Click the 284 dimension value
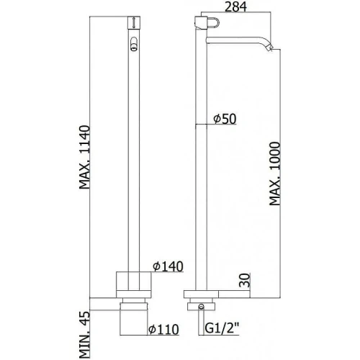pyautogui.click(x=236, y=6)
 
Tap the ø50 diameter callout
pyautogui.click(x=225, y=119)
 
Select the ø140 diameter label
pyautogui.click(x=168, y=266)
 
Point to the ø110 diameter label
pyautogui.click(x=163, y=329)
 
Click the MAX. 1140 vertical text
pyautogui.click(x=85, y=157)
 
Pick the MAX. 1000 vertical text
pyautogui.click(x=274, y=174)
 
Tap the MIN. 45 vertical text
pyautogui.click(x=85, y=335)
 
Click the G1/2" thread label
pyautogui.click(x=222, y=328)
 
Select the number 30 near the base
pyautogui.click(x=245, y=280)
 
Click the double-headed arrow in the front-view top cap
pyautogui.click(x=134, y=23)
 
